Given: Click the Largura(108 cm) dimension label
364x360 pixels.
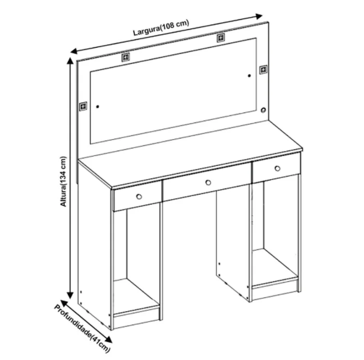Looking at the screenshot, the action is point(161,28).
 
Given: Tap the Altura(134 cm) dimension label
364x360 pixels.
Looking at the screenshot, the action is point(63,181).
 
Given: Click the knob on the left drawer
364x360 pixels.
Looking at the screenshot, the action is point(139,197).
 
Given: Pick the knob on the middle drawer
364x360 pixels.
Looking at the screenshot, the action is point(208,182).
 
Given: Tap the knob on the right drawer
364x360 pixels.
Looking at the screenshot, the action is point(277,168).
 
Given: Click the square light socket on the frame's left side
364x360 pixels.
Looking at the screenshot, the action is point(83,106).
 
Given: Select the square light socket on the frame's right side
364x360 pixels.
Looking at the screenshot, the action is point(263,70).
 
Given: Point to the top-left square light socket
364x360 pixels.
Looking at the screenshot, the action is point(126,57).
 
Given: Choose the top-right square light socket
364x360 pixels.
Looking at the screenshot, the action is point(221,38).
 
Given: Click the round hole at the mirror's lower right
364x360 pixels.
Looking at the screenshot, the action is point(263,110).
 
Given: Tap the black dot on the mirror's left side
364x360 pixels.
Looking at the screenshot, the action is point(98,106).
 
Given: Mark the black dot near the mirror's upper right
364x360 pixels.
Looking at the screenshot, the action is point(249,76).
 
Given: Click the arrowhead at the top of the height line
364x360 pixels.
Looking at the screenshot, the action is point(70,60).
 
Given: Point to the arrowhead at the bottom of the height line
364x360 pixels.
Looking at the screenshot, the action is point(70,295).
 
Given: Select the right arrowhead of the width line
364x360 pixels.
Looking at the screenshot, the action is point(259,17).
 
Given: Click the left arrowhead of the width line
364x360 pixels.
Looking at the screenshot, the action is point(74,51).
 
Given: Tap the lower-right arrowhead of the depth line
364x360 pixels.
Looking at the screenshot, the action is point(109,339).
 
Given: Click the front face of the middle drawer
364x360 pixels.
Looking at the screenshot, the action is point(207,182).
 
